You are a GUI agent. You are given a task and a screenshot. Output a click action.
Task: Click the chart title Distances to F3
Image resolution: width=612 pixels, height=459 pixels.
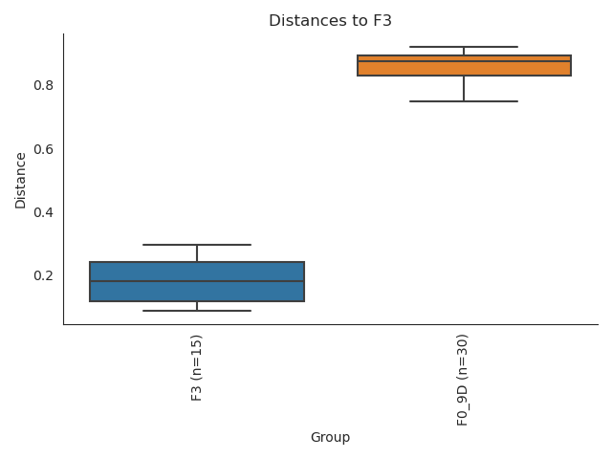coord(330,21)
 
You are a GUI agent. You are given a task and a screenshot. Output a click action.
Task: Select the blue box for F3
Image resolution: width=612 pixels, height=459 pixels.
coord(197,291)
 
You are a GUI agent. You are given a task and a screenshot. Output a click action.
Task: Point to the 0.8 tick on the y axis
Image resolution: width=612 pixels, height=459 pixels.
coord(44,85)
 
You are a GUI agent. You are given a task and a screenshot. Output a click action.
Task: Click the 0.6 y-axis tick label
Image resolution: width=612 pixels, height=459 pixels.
coord(44,149)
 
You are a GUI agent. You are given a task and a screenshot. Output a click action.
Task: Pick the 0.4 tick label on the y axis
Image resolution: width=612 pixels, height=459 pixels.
coord(44,212)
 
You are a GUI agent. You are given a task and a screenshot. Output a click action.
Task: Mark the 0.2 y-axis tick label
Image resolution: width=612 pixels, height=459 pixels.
coord(44,275)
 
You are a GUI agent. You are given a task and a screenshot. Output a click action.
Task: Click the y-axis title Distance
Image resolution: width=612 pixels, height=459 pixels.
coord(21,180)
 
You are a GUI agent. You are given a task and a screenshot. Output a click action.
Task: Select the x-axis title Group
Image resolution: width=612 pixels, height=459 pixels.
coord(330,437)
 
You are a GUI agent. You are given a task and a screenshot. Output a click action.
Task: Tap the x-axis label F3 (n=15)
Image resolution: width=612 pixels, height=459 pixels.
coord(197,367)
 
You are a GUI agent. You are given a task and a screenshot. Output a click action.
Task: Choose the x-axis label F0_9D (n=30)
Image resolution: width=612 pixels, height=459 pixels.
coord(463,380)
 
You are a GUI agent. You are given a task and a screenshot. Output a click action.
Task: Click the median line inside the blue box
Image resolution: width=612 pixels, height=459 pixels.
coord(197,281)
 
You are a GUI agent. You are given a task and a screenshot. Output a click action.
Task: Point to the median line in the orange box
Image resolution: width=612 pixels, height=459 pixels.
coord(464,61)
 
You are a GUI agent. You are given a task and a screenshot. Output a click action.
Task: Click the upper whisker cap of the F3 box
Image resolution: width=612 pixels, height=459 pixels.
coord(197,245)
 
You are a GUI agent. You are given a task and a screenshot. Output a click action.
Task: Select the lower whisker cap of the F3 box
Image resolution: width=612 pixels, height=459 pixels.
coord(197,311)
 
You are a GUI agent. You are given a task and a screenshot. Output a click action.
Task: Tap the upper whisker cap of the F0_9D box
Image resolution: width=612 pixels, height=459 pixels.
coord(464,47)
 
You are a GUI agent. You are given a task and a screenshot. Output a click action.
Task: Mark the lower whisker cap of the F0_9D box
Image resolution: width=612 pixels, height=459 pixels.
coord(464,101)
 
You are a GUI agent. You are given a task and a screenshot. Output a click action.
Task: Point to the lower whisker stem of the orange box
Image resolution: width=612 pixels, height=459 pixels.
coord(464,88)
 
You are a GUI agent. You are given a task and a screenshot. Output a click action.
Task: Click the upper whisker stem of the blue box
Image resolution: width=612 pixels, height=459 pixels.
coord(197,253)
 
